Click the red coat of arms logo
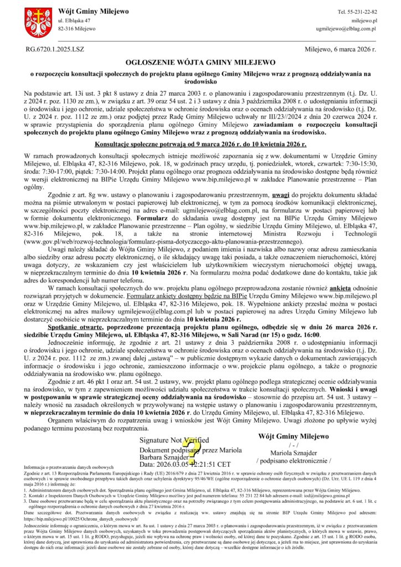point(37,22)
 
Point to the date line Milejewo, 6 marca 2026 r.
point(340,49)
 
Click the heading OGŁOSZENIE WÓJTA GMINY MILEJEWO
point(200,63)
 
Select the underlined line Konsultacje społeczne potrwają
point(200,143)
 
